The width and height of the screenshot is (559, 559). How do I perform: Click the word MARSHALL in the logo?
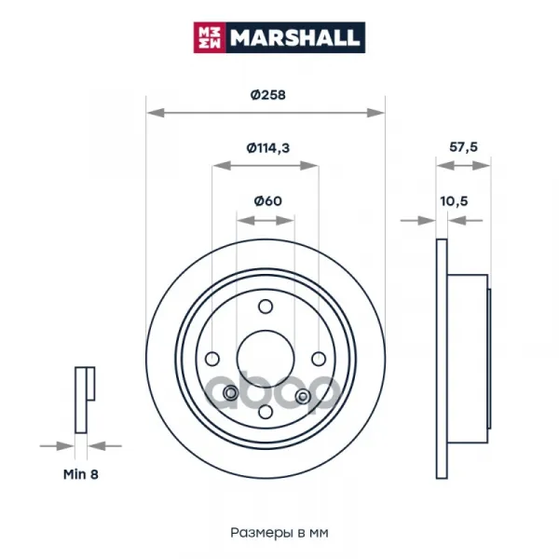[x=294, y=38]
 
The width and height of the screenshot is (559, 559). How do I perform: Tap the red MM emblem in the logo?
[x=210, y=38]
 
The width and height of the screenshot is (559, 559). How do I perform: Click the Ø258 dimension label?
[x=267, y=95]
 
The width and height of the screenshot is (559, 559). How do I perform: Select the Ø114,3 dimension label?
[x=268, y=148]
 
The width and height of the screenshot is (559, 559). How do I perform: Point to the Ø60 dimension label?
[x=267, y=201]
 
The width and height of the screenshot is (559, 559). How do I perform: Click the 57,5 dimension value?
[x=463, y=147]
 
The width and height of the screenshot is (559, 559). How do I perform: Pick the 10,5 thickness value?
[x=454, y=201]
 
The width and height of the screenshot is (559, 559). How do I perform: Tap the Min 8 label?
[x=80, y=474]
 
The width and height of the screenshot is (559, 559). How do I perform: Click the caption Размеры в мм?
[x=279, y=533]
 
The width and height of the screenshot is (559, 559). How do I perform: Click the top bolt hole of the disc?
[x=266, y=307]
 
